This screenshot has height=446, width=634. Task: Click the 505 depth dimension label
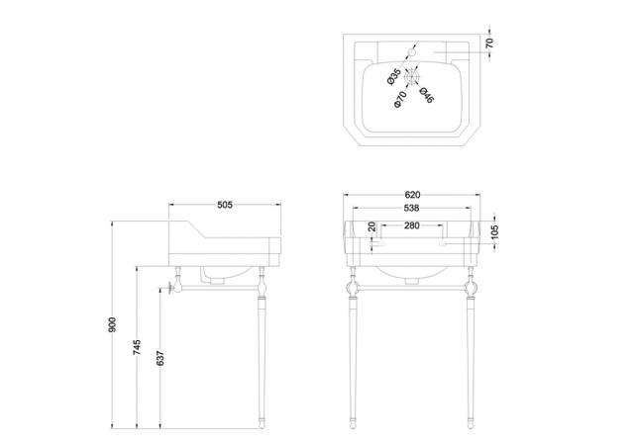(x=225, y=205)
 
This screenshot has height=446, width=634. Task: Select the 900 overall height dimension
(x=113, y=324)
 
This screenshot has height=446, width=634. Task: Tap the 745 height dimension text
(x=137, y=347)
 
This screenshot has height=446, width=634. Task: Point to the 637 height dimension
(x=160, y=358)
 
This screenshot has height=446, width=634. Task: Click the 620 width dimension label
(x=412, y=195)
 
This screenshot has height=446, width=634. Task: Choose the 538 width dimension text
(x=412, y=209)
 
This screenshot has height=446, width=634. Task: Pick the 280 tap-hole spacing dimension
(x=412, y=225)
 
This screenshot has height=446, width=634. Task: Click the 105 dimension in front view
(x=495, y=232)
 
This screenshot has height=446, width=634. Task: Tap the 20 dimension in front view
(x=372, y=226)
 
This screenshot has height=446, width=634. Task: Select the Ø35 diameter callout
(x=394, y=77)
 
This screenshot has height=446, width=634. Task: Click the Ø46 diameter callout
(x=426, y=95)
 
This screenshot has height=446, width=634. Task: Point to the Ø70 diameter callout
(x=400, y=100)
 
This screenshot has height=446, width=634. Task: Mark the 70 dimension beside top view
(x=489, y=43)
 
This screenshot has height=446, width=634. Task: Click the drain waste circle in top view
(x=412, y=77)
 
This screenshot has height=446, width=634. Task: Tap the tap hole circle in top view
(x=412, y=52)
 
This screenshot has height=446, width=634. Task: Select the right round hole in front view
(x=443, y=244)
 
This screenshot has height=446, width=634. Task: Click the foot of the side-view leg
(x=262, y=424)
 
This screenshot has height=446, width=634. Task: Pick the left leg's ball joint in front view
(x=352, y=288)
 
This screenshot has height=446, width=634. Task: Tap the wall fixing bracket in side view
(x=169, y=288)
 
